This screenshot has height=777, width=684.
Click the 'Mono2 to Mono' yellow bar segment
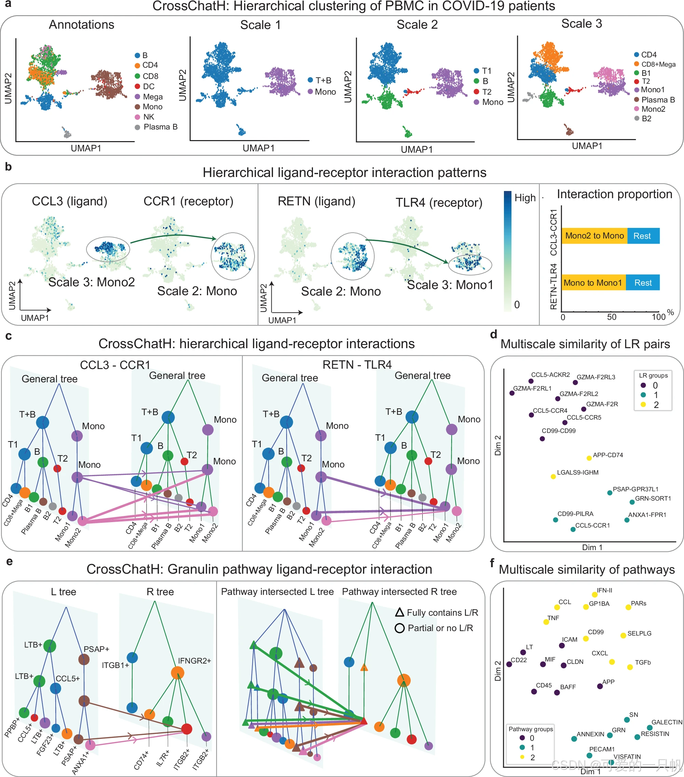pyautogui.click(x=594, y=236)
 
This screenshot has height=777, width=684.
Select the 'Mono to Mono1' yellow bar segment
pyautogui.click(x=593, y=283)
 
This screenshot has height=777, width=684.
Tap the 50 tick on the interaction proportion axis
pyautogui.click(x=612, y=317)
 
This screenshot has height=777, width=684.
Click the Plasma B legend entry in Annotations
pyautogui.click(x=160, y=127)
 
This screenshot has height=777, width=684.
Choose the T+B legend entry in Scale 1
pyautogui.click(x=323, y=80)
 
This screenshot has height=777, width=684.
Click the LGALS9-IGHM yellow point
pyautogui.click(x=553, y=476)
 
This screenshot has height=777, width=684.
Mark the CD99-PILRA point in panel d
pyautogui.click(x=556, y=520)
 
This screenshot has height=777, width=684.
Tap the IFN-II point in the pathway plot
pyautogui.click(x=594, y=595)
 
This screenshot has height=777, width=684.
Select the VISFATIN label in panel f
pyautogui.click(x=627, y=756)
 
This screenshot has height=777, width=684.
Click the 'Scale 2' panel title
pyautogui.click(x=417, y=25)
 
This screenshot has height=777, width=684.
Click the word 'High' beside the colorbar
pyautogui.click(x=525, y=198)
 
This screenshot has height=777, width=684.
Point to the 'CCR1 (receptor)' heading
pyautogui.click(x=188, y=201)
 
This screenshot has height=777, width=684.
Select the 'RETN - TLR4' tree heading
pyautogui.click(x=357, y=365)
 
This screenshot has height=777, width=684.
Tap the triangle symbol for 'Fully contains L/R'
pyautogui.click(x=399, y=612)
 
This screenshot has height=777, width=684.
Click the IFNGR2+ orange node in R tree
pyautogui.click(x=177, y=673)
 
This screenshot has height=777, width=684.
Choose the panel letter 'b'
pyautogui.click(x=8, y=166)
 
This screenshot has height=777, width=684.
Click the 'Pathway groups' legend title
pyautogui.click(x=531, y=729)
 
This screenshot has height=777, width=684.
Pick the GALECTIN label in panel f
pyautogui.click(x=667, y=722)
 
